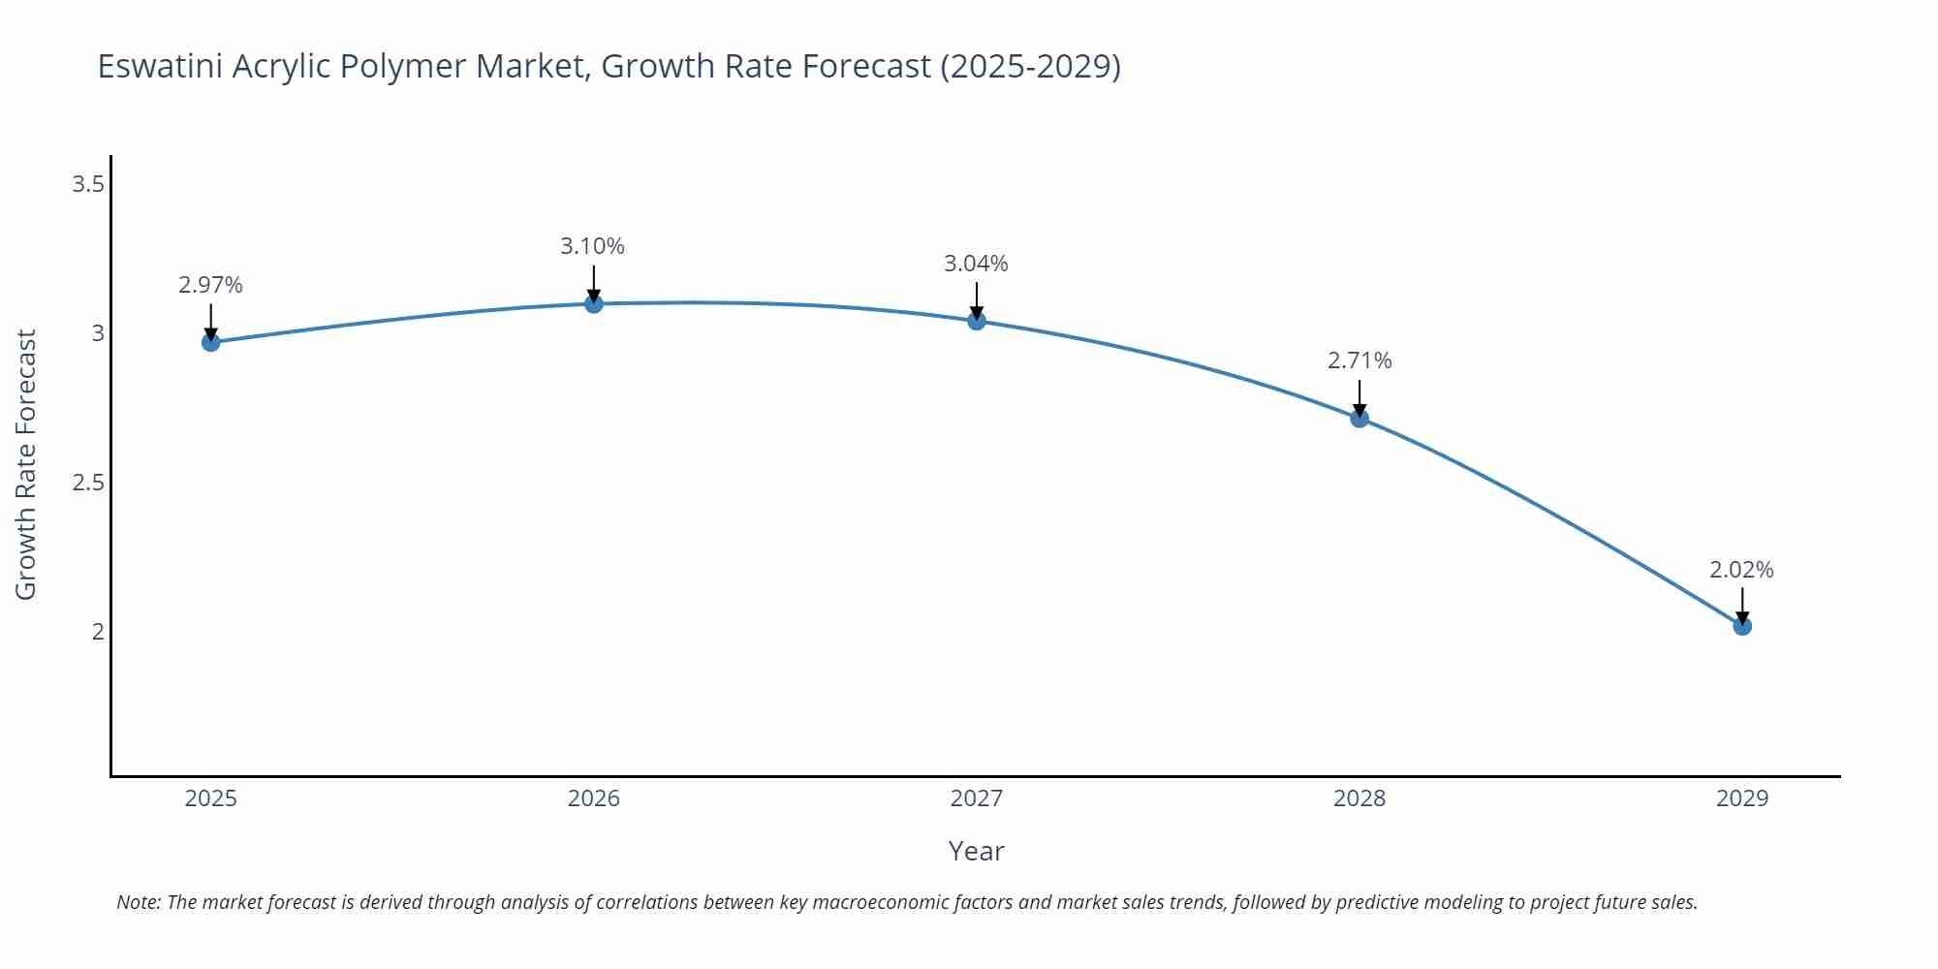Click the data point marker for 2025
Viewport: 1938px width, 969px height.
(x=210, y=342)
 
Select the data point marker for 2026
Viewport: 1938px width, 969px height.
(x=594, y=304)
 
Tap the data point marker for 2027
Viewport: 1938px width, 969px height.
(x=977, y=321)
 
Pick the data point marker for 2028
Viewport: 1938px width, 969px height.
(x=1360, y=419)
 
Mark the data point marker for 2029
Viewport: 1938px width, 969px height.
(x=1742, y=626)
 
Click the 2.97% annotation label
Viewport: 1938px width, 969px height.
(x=210, y=285)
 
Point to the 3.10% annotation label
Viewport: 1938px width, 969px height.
(x=592, y=246)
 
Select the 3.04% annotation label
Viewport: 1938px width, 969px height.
(x=976, y=264)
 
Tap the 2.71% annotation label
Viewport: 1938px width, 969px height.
(x=1360, y=360)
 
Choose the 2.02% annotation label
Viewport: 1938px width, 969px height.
(x=1741, y=570)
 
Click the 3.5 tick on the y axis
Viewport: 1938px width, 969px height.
(x=88, y=184)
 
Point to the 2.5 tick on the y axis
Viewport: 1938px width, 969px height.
(x=88, y=483)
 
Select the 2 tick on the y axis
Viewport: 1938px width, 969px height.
(x=98, y=632)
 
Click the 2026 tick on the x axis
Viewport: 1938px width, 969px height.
(x=594, y=798)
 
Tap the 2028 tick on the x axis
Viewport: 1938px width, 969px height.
(x=1360, y=798)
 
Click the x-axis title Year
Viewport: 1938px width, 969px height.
(x=976, y=851)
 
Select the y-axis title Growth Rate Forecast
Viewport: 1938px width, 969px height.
(x=26, y=464)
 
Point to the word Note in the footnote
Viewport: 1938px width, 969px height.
(x=138, y=902)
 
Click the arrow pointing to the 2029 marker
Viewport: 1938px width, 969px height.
(x=1742, y=605)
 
